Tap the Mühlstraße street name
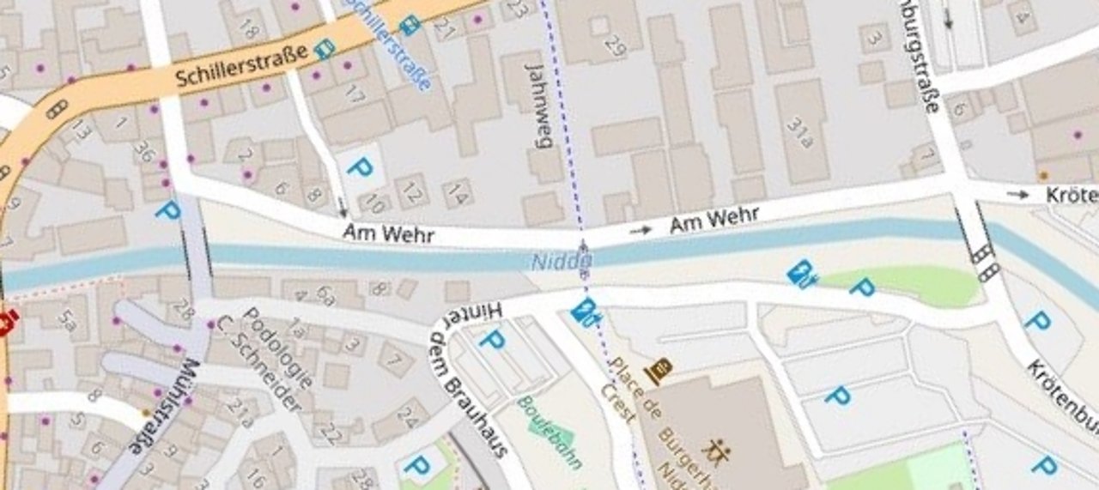click(162, 407)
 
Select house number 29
click(615, 44)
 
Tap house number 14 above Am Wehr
click(458, 196)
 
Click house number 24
click(408, 420)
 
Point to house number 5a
click(68, 320)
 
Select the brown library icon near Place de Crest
click(659, 371)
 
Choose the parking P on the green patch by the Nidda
click(861, 287)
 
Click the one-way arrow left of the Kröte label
click(1018, 195)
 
